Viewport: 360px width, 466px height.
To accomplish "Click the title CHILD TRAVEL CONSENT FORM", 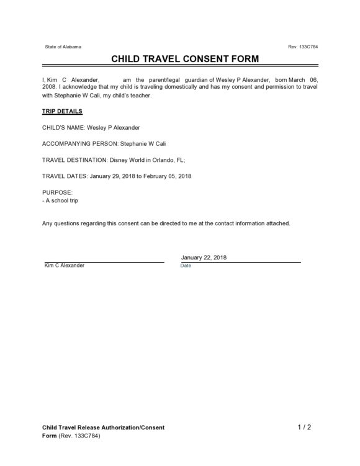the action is click(x=179, y=60).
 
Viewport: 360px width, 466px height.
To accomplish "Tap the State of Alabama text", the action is click(x=63, y=47).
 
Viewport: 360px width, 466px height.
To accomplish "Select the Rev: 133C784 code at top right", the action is click(x=304, y=47).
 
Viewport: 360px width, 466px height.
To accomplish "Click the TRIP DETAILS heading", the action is click(x=62, y=112).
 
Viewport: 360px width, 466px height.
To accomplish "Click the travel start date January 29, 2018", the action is click(x=113, y=176).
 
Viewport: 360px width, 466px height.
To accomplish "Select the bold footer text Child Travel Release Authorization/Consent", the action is click(x=103, y=428).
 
